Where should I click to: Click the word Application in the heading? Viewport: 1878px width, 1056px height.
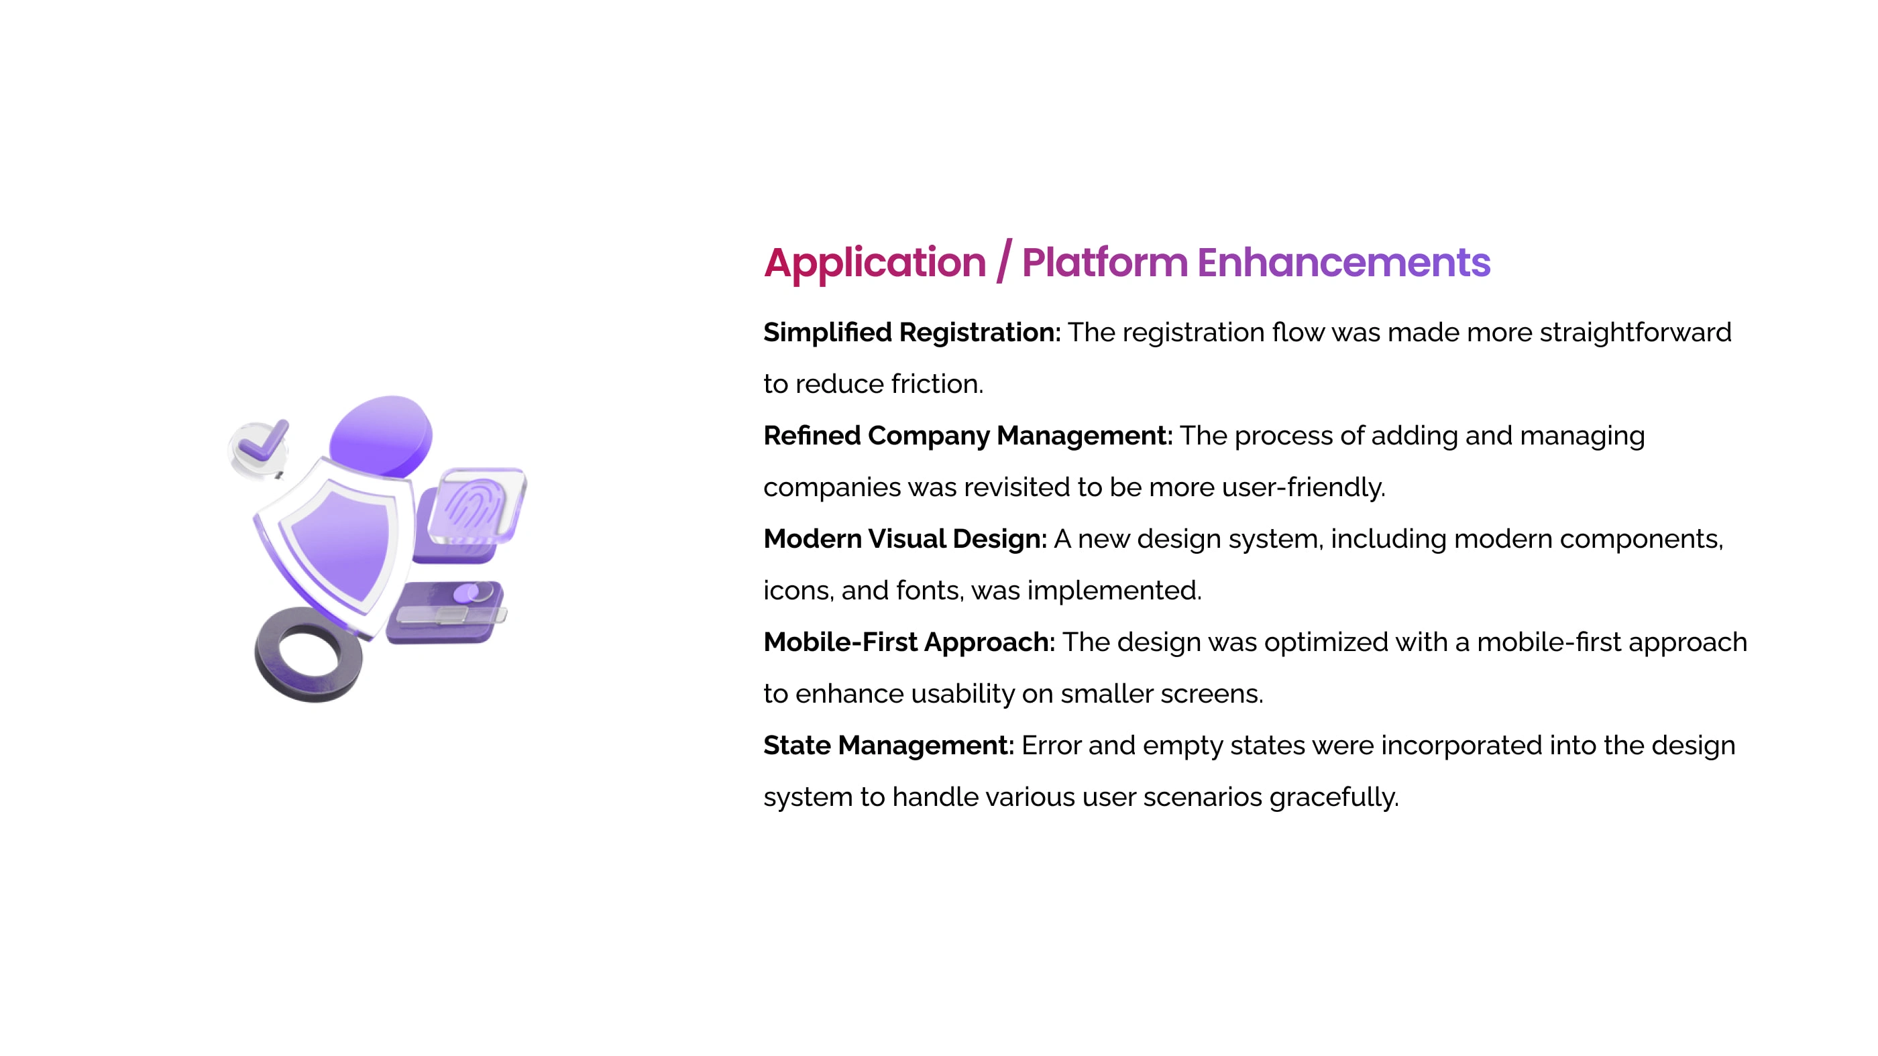875,263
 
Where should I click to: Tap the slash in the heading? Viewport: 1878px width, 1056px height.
1005,261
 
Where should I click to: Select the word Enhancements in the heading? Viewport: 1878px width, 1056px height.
1343,262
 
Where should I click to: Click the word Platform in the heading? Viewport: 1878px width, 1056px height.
1105,262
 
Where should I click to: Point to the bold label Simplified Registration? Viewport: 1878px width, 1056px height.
912,333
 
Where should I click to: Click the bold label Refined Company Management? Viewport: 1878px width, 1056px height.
968,436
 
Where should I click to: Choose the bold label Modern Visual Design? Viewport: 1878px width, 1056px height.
905,538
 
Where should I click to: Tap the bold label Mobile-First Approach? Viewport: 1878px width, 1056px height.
909,642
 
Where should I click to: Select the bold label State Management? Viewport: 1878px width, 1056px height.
889,746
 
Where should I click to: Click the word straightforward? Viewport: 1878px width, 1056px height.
1635,333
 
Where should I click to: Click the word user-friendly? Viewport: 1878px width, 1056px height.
1303,487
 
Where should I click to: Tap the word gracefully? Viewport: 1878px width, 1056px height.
1333,797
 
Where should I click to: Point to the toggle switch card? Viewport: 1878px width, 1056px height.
446,611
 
